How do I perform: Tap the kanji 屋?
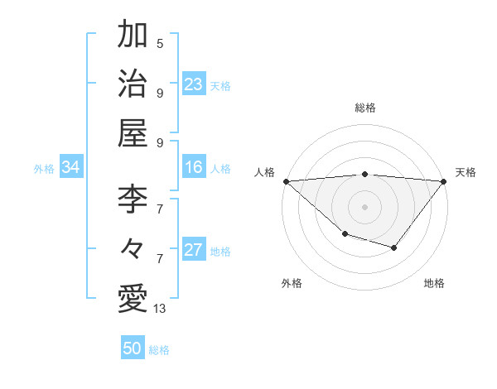coord(133,132)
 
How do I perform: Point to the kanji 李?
coord(133,198)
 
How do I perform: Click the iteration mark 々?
coord(133,247)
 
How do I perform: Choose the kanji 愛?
coord(133,298)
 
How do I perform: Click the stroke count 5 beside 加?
coord(160,43)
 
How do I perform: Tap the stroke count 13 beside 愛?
coord(160,309)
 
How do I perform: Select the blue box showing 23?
coord(194,84)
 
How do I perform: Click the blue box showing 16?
coord(194,167)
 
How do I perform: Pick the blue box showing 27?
coord(194,250)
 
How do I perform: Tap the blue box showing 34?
coord(70,167)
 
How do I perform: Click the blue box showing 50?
coord(133,348)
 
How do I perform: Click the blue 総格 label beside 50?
coord(159,350)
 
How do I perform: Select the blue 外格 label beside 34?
coord(44,169)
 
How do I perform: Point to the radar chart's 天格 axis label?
coord(466,172)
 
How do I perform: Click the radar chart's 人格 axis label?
coord(264,172)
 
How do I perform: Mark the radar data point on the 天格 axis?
coord(444,181)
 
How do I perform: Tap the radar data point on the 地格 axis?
coord(394,247)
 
